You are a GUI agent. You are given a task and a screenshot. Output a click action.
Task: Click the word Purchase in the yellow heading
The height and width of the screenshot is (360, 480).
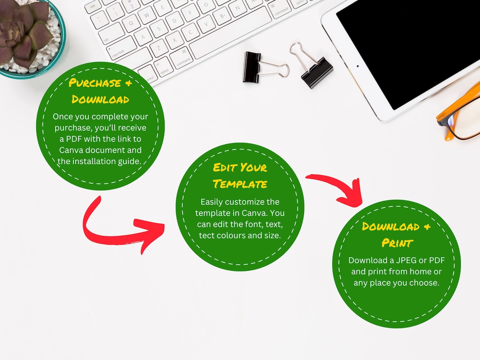pos(95,83)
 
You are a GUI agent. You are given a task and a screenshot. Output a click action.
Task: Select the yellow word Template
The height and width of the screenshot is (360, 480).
pos(240,184)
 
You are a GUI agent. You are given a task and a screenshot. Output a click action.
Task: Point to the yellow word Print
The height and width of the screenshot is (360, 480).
pos(397,243)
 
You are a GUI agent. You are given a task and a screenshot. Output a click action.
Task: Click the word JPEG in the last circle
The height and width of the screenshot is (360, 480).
pos(406,260)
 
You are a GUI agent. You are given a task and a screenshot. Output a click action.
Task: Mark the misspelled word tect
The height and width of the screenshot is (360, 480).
pos(207,235)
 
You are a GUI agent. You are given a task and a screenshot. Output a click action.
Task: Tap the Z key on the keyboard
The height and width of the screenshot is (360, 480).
pos(159,48)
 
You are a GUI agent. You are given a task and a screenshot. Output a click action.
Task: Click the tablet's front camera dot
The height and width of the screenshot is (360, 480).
pos(357,66)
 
